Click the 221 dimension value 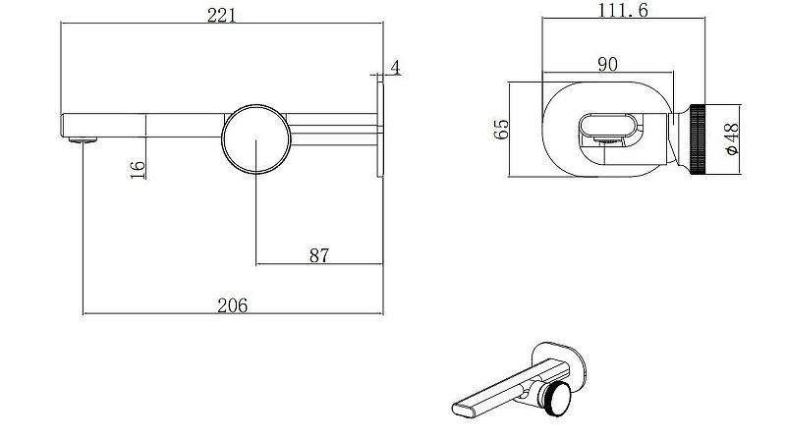tap(221, 15)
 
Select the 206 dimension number tap(232, 304)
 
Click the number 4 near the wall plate tap(395, 68)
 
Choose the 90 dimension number tap(607, 65)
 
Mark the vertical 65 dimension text tap(501, 128)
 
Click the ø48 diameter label tap(731, 139)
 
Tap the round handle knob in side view tap(255, 140)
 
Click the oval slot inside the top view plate tap(609, 125)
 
